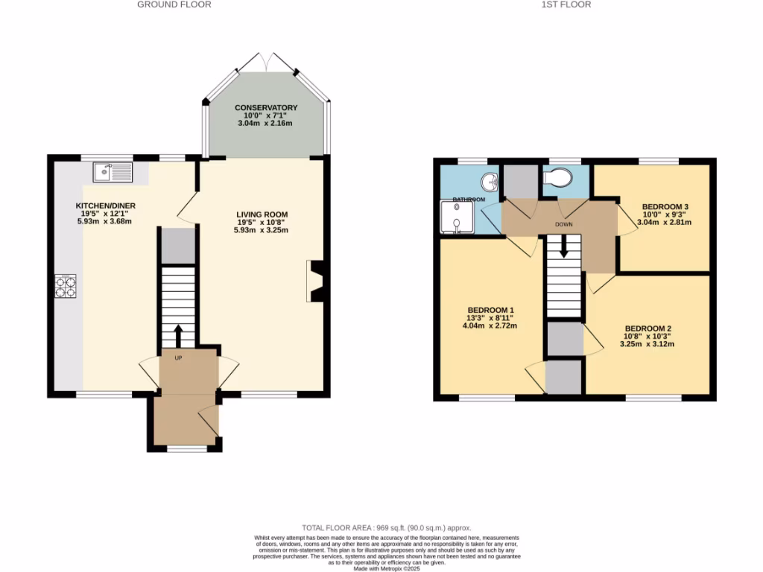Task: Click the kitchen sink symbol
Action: coord(113,173)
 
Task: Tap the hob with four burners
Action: coord(65,287)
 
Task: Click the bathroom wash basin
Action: coord(490,181)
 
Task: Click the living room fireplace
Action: coord(316,281)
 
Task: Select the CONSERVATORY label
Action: coord(266,108)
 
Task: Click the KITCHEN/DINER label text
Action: coord(105,206)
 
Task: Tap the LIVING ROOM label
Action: coord(262,214)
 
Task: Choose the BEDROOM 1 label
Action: coord(490,310)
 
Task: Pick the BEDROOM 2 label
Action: coord(648,328)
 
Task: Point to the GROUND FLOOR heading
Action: coord(174,4)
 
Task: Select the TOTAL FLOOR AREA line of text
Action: coord(381,526)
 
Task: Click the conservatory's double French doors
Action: coord(267,63)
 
